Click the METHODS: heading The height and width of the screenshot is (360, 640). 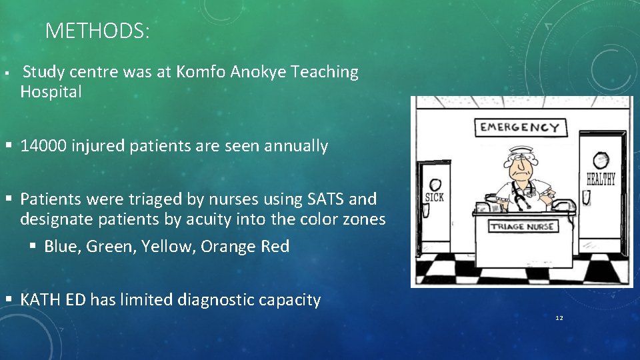coord(97,31)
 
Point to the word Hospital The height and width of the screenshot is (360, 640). coord(51,93)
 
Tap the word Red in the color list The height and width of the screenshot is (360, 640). coord(275,247)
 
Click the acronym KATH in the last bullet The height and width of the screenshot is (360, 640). coord(42,300)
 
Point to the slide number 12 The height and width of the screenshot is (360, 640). coord(559,318)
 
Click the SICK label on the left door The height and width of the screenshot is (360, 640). coord(434,198)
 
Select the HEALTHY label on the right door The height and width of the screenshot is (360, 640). coord(601,179)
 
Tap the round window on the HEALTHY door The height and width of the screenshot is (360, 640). coord(601,160)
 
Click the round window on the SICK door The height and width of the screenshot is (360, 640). coord(435,185)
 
